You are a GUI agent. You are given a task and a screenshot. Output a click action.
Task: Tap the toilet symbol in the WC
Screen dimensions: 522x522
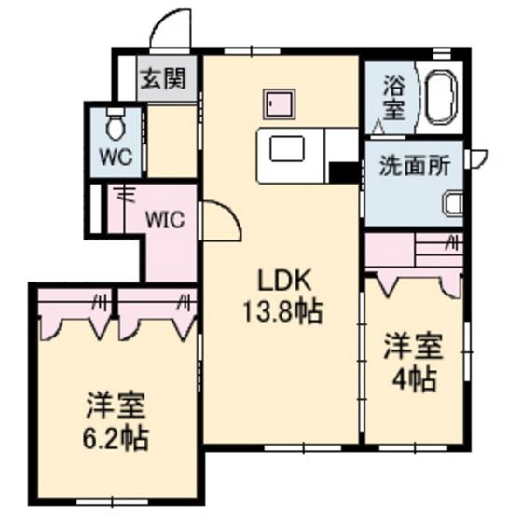point(117,122)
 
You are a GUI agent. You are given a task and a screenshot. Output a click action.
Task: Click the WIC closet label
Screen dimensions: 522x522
point(168,221)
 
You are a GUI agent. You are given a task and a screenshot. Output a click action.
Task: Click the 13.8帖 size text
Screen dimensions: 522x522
point(282,311)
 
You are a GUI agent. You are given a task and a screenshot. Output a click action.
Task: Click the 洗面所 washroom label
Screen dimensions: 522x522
point(414,166)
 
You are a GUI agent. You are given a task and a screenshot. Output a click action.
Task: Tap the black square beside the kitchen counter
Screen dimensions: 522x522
point(341,173)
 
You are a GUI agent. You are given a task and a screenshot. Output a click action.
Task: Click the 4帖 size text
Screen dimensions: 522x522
point(413,378)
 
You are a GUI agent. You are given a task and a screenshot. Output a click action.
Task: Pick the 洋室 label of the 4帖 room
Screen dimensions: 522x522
point(413,349)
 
